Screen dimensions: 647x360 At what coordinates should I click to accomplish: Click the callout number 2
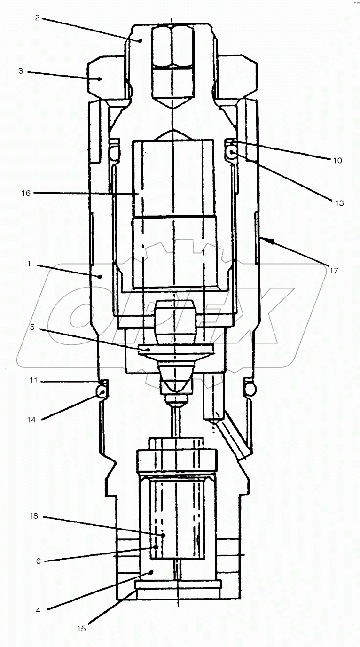(37, 18)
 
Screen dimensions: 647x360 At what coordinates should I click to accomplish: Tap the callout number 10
(337, 161)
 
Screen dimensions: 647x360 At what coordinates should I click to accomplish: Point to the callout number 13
(339, 203)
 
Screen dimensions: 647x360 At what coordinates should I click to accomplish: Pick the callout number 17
(334, 271)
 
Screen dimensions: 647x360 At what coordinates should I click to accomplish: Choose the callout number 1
(29, 264)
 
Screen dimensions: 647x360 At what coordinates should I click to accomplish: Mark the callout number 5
(32, 327)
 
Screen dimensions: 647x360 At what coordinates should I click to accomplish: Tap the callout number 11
(33, 380)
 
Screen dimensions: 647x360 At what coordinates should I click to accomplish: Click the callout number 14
(31, 420)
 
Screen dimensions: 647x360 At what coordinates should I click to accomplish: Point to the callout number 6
(39, 561)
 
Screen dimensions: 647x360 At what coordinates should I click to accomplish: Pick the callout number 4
(39, 610)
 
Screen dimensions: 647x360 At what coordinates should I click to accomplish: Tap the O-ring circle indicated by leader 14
(100, 391)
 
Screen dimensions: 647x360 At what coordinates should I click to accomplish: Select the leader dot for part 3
(100, 79)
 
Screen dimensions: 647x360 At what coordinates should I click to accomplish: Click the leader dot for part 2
(141, 41)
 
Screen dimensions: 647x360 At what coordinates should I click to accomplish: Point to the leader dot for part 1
(100, 277)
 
